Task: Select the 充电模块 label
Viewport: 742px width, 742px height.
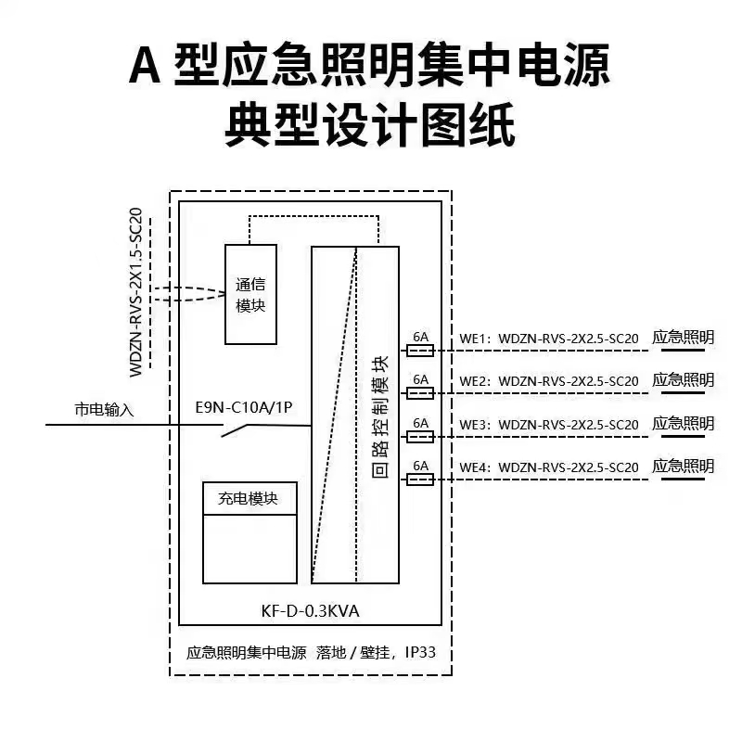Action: [x=248, y=498]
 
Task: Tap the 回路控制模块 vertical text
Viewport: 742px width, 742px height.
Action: [x=380, y=416]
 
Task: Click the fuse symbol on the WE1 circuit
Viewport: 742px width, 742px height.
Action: [x=420, y=351]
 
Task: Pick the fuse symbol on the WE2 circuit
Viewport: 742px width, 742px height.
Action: [x=420, y=393]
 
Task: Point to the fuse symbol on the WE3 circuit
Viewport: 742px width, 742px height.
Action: [x=420, y=436]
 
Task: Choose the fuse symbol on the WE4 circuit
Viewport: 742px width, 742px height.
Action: [x=420, y=480]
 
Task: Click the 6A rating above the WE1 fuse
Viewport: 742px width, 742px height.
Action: [x=420, y=337]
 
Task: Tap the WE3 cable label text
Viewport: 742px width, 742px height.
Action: [x=549, y=425]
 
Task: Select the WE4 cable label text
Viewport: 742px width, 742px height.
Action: [x=549, y=467]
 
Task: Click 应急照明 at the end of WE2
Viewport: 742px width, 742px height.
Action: [x=683, y=379]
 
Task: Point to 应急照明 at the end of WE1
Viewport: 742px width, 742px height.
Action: [x=683, y=337]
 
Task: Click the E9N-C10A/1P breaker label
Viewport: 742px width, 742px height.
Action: [x=244, y=407]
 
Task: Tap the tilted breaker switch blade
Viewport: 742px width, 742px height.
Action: [x=236, y=430]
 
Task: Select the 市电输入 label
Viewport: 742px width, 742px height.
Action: [x=105, y=409]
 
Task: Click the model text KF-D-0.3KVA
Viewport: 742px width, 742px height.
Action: [x=310, y=611]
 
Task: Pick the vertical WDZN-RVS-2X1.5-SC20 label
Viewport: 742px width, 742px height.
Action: [x=135, y=292]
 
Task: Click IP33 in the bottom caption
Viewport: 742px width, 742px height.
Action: [x=420, y=652]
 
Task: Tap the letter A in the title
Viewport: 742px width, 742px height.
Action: [x=145, y=66]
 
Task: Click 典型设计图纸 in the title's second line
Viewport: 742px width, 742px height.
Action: [x=370, y=124]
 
